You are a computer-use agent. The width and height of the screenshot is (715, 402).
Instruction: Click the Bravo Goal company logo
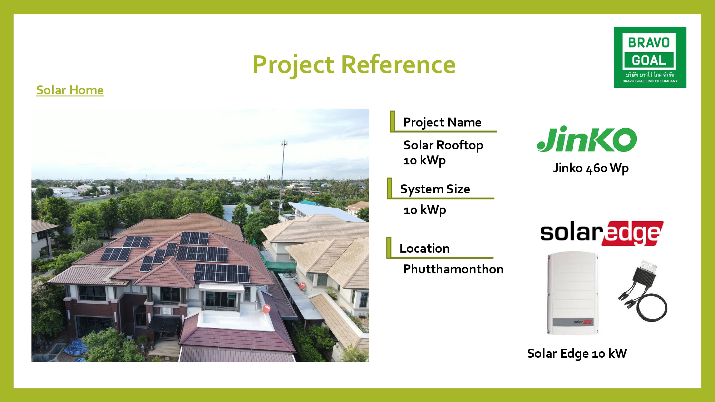[650, 57]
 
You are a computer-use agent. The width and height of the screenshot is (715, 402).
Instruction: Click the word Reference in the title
[398, 65]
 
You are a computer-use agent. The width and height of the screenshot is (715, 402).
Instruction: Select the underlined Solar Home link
[70, 90]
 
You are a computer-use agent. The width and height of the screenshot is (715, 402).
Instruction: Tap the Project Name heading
[442, 122]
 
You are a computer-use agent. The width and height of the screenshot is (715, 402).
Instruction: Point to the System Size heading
[435, 189]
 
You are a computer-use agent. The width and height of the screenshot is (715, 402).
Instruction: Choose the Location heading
[424, 248]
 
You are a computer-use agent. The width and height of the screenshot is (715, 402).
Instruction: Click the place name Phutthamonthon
[453, 269]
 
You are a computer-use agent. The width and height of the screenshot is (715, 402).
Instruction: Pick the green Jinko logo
[587, 139]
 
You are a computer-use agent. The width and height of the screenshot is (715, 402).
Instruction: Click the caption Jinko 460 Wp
[591, 168]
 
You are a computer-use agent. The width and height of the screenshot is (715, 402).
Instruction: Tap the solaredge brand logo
[602, 233]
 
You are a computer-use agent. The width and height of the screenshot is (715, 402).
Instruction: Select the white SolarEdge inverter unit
[572, 293]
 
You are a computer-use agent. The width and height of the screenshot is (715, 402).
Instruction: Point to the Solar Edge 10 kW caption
[577, 353]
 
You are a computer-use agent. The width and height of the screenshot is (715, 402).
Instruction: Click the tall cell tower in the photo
[283, 172]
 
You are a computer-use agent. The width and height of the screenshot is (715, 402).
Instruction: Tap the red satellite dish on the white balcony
[267, 308]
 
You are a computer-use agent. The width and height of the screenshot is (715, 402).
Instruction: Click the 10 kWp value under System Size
[425, 210]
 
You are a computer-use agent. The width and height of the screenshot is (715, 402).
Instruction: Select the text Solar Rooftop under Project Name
[443, 145]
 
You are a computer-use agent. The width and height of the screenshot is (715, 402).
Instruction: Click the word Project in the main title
[294, 65]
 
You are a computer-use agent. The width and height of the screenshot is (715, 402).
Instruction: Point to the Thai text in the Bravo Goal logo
[650, 75]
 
